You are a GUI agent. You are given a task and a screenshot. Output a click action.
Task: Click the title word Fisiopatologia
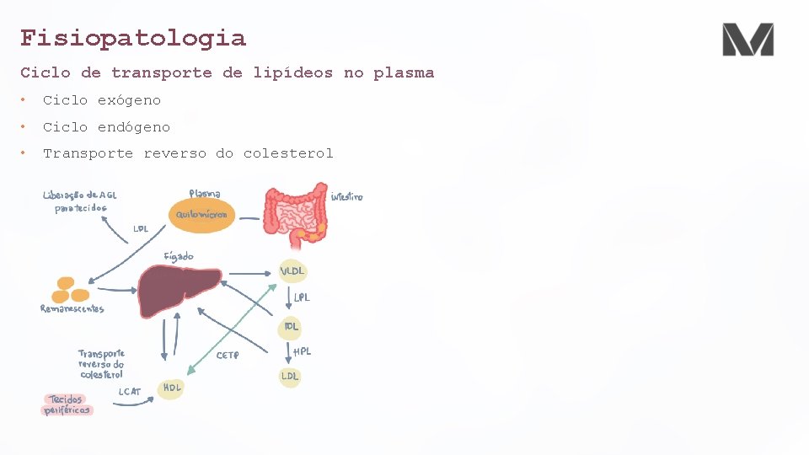coord(133,38)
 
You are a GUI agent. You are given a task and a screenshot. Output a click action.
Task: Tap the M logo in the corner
coord(747,40)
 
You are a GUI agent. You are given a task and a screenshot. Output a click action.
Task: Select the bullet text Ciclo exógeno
coord(101,100)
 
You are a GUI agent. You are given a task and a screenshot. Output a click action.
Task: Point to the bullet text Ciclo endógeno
coord(106,127)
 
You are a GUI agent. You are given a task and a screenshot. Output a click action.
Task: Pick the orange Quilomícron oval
coord(201,215)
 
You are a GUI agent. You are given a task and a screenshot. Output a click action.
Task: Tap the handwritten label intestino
coord(346,197)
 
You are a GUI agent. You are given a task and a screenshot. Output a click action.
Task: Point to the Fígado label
coord(179,256)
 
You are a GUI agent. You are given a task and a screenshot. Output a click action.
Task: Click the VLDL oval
coord(292,271)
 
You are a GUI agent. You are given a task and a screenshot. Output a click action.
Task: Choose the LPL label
coord(302,298)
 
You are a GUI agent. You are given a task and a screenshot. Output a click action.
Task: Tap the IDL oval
coord(292,326)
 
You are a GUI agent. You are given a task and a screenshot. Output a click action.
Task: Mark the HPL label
coord(302,351)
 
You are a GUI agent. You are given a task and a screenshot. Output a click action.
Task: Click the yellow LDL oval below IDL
coord(289,376)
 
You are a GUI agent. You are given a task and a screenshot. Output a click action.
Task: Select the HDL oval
coord(171,388)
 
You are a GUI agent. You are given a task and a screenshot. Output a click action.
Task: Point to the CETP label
coord(228,356)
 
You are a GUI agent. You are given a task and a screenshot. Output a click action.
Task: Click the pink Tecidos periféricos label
coord(67,404)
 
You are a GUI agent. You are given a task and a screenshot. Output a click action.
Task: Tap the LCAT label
coord(130,392)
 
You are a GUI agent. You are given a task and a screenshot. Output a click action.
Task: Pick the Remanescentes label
coord(72,309)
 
